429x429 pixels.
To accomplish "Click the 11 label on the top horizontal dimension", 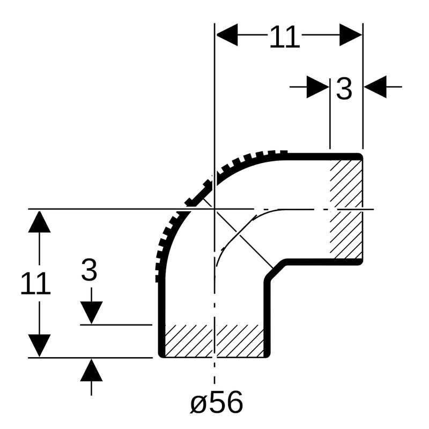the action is click(x=285, y=37).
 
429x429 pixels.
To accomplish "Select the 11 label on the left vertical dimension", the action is click(x=35, y=283).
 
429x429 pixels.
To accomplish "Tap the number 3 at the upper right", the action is click(x=344, y=88).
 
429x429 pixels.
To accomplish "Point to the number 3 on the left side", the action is click(x=89, y=270).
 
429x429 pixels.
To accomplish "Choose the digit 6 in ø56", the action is click(x=234, y=402).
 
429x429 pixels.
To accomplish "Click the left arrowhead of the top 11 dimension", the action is click(x=227, y=35).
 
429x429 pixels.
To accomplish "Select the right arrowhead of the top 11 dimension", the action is click(x=351, y=35).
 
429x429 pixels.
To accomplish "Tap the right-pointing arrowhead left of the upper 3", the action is click(x=317, y=87).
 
